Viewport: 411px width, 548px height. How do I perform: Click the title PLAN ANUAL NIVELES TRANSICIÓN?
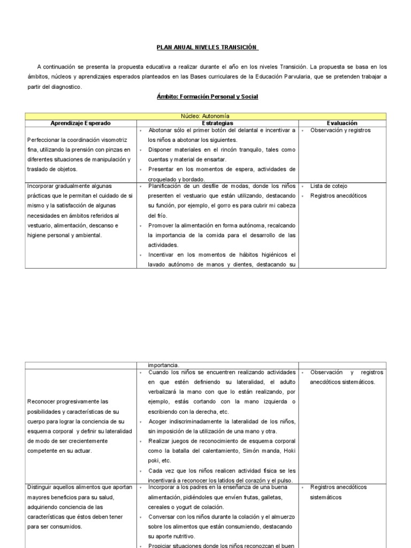207,47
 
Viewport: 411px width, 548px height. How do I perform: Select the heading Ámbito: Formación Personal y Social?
208,97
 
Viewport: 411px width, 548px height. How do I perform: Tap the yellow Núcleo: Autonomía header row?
205,116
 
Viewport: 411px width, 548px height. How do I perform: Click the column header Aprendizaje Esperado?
80,123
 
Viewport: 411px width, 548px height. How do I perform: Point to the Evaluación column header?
342,123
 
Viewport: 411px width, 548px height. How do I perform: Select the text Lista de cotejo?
329,186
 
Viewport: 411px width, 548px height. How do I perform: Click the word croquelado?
164,179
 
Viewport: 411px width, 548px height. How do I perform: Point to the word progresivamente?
80,401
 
